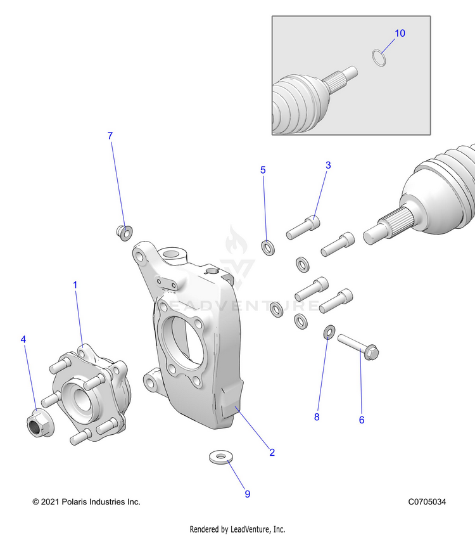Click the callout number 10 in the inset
pyautogui.click(x=400, y=33)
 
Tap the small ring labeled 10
pyautogui.click(x=379, y=58)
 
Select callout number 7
pyautogui.click(x=110, y=136)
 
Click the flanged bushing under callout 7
pyautogui.click(x=124, y=232)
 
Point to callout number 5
pyautogui.click(x=263, y=170)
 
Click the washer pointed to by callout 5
pyautogui.click(x=267, y=245)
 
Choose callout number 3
pyautogui.click(x=328, y=165)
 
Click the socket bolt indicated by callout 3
pyautogui.click(x=303, y=227)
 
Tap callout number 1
pyautogui.click(x=75, y=285)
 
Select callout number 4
pyautogui.click(x=24, y=340)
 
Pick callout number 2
pyautogui.click(x=272, y=453)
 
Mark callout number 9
pyautogui.click(x=248, y=494)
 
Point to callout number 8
pyautogui.click(x=317, y=417)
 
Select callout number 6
pyautogui.click(x=362, y=420)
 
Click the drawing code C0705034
pyautogui.click(x=427, y=501)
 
